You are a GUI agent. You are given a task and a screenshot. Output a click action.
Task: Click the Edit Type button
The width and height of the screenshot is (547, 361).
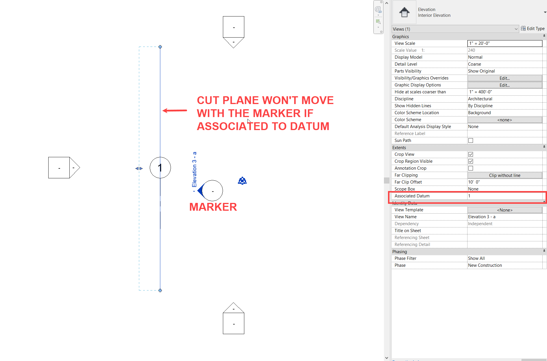tap(533, 29)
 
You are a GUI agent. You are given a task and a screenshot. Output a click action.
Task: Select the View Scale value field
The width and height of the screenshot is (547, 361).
tap(505, 43)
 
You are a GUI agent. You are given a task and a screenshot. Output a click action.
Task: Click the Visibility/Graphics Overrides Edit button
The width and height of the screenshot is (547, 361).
tap(505, 78)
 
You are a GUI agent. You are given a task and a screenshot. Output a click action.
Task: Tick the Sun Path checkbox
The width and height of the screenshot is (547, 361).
tap(471, 140)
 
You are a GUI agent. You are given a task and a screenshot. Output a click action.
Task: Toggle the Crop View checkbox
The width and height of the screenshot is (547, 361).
tap(471, 154)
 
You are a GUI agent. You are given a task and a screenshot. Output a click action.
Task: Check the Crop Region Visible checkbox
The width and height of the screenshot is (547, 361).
tap(471, 161)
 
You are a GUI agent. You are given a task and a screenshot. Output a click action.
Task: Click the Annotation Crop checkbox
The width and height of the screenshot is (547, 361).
tap(471, 168)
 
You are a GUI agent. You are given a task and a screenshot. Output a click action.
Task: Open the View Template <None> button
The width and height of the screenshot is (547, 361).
tap(505, 210)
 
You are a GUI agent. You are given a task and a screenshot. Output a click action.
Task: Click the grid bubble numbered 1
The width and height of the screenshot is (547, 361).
tap(160, 168)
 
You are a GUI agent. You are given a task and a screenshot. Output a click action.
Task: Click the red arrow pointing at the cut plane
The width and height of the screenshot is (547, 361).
tap(175, 110)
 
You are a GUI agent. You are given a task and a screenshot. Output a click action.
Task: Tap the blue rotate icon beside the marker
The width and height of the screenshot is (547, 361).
tap(242, 181)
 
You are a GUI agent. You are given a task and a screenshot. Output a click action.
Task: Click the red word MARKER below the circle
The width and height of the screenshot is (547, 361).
tap(213, 207)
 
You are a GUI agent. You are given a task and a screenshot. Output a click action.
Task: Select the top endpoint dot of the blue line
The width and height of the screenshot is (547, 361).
tap(160, 47)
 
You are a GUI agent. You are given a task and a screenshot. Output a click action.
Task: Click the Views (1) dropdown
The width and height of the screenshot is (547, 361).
tap(455, 29)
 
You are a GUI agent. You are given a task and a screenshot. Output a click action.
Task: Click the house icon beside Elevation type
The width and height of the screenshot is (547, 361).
tap(404, 12)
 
